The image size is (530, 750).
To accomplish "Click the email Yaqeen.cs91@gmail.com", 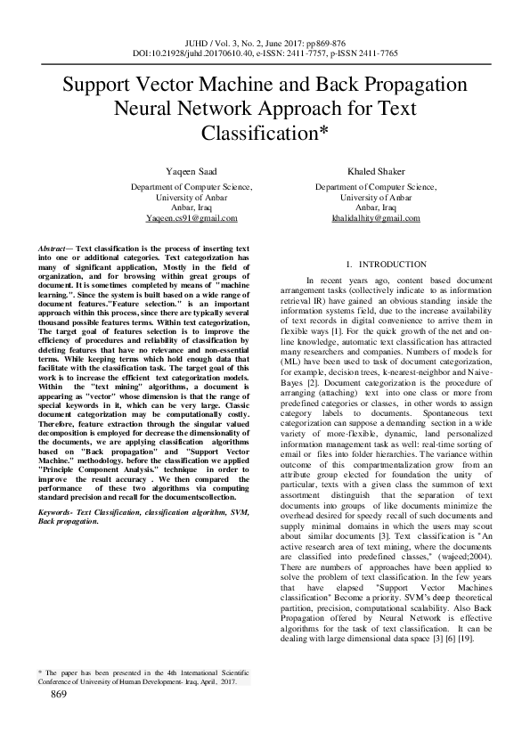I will (192, 218).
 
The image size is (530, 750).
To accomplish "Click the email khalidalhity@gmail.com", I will (374, 218).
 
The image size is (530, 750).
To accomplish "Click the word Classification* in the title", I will (265, 135).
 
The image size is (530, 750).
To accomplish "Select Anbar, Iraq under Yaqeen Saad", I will (192, 208).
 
